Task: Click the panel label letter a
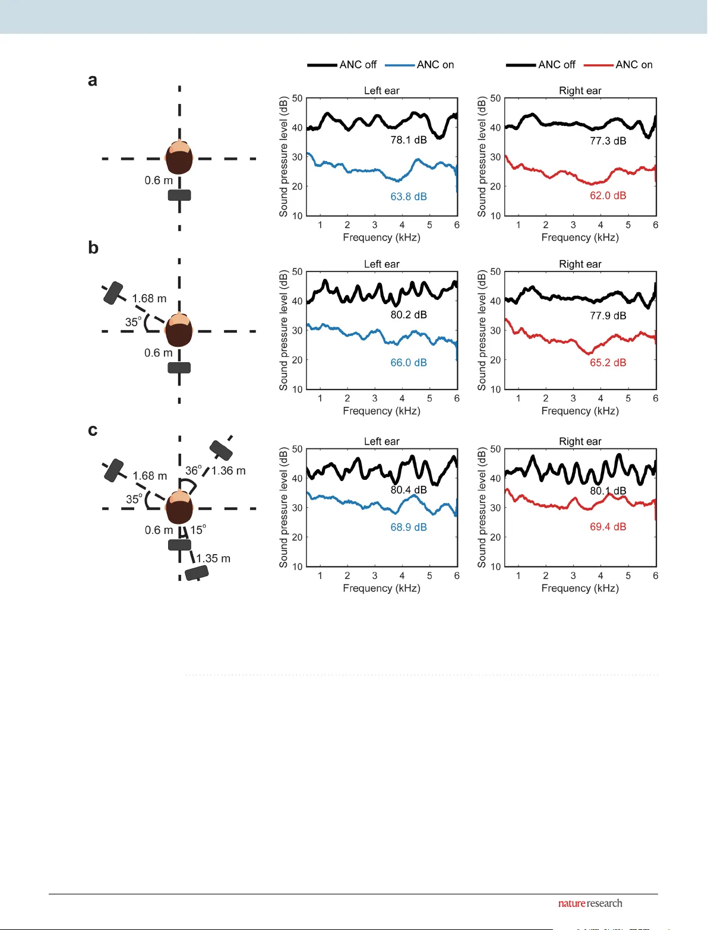[x=93, y=80]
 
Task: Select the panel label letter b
[x=93, y=248]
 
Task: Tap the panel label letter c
[x=93, y=430]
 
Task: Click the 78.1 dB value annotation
[x=409, y=140]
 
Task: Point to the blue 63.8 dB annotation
[x=409, y=197]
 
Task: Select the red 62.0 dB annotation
[x=608, y=195]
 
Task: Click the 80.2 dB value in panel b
[x=409, y=315]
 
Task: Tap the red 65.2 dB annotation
[x=608, y=363]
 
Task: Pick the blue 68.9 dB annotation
[x=409, y=527]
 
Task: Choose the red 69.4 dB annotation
[x=608, y=527]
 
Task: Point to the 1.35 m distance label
[x=213, y=559]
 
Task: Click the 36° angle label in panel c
[x=193, y=470]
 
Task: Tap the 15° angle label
[x=198, y=530]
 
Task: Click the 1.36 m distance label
[x=229, y=471]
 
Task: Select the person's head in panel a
[x=179, y=158]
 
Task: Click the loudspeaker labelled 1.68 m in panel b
[x=113, y=293]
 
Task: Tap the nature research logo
[x=590, y=903]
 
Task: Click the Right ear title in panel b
[x=580, y=264]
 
